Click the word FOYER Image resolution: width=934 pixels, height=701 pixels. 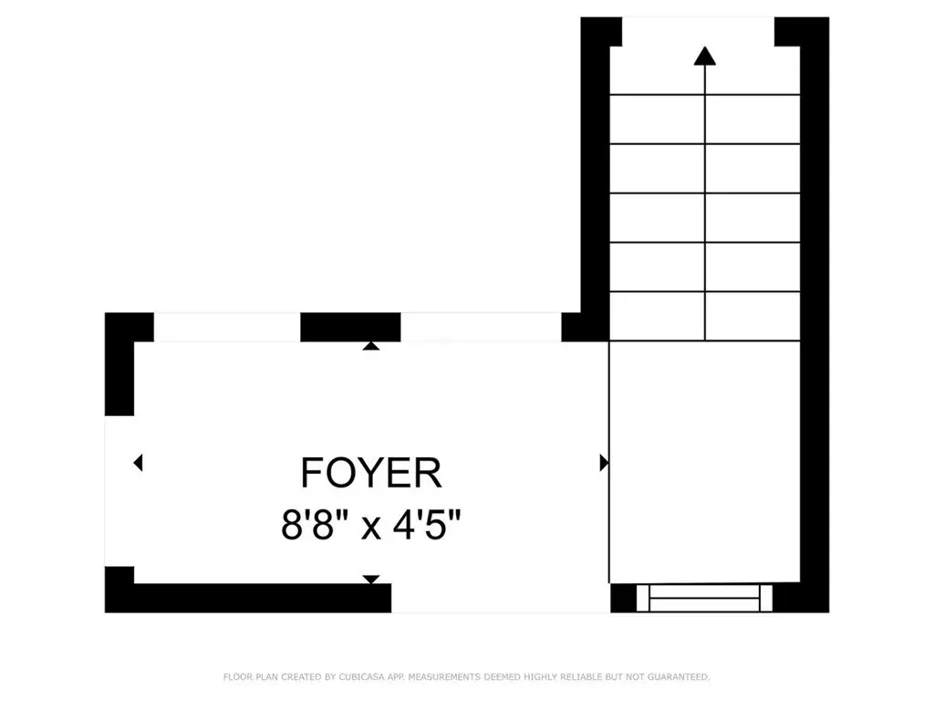[370, 473]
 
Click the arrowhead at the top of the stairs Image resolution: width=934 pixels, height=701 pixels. [705, 56]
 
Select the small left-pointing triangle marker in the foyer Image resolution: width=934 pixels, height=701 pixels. [139, 462]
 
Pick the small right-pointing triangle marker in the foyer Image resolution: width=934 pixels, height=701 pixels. [604, 463]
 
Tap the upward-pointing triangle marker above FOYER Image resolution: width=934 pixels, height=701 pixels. [371, 345]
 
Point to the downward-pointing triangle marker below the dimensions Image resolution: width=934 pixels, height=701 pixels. [371, 580]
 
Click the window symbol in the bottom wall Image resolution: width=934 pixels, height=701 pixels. [705, 598]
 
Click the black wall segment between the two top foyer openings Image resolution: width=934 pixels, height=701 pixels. [350, 327]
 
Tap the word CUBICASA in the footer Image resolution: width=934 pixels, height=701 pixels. [361, 676]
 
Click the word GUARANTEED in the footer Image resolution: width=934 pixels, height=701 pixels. [679, 676]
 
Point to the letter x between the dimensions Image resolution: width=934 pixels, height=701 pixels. [370, 528]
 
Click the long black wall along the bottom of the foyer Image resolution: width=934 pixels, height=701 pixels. [248, 597]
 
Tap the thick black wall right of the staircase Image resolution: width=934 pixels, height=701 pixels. [815, 315]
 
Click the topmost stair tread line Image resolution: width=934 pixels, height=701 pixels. [705, 95]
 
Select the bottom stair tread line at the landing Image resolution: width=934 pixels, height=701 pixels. [705, 341]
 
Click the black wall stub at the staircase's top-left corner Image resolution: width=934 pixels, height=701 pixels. [601, 32]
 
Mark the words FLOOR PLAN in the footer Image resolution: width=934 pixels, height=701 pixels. [250, 676]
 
